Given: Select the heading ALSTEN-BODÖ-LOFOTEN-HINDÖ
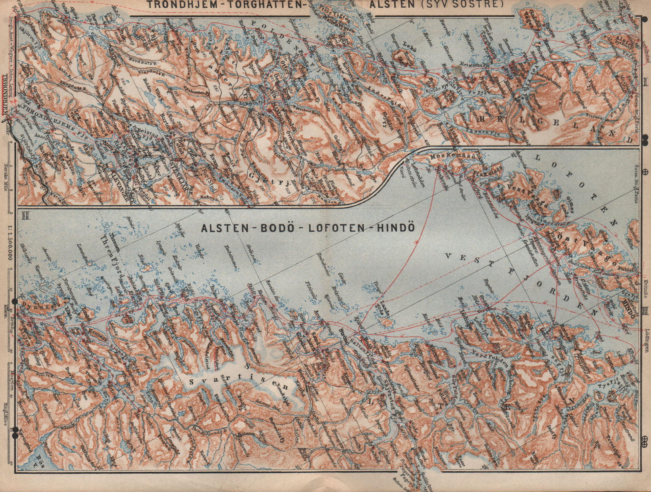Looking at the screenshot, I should pyautogui.click(x=308, y=228).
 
